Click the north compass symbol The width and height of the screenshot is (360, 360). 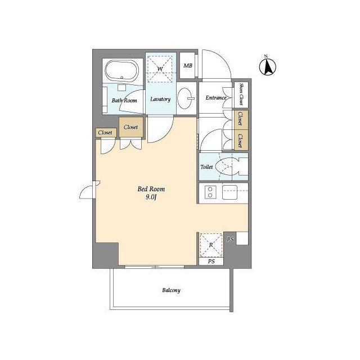(x=268, y=66)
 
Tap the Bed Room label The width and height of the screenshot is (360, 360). (x=151, y=189)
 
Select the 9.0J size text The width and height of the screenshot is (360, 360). (x=151, y=197)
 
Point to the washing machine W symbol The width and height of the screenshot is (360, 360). (x=160, y=69)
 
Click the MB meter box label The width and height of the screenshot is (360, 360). (x=188, y=66)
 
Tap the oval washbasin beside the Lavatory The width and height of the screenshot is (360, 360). (x=185, y=98)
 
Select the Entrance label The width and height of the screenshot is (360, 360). (x=216, y=97)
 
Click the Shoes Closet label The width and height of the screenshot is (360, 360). (x=241, y=94)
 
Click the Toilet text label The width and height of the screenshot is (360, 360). (x=206, y=167)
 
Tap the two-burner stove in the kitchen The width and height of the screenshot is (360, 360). (x=210, y=192)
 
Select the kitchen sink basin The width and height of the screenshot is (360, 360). (x=229, y=192)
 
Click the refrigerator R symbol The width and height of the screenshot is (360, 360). (x=211, y=245)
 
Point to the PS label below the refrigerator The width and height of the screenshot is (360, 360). (x=211, y=261)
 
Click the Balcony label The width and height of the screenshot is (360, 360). (x=171, y=290)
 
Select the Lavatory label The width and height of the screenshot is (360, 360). (x=160, y=99)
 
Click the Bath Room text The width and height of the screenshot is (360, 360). (x=124, y=100)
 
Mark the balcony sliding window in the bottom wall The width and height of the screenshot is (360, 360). (x=155, y=267)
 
